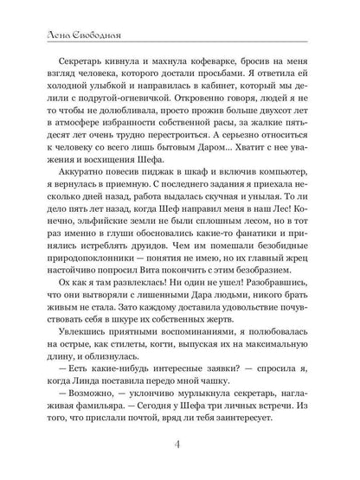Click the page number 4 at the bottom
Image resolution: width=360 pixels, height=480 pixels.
(180, 445)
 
